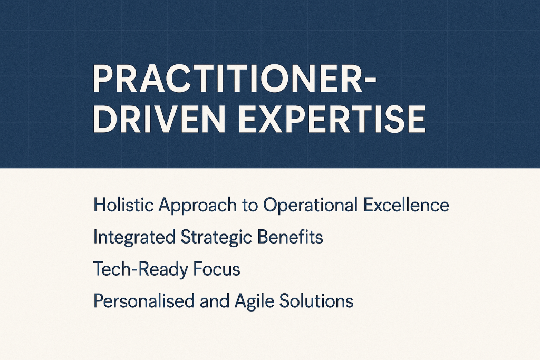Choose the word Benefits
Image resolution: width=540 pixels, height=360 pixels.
click(290, 237)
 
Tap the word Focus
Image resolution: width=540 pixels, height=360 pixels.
click(216, 269)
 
